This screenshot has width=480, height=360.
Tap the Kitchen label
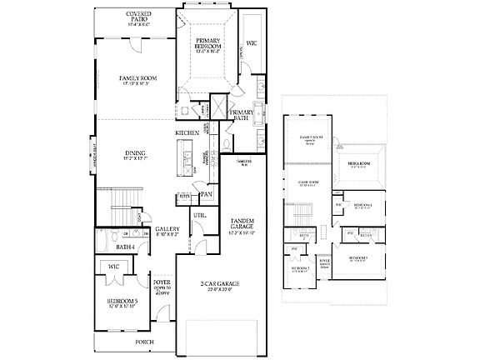[x=186, y=132]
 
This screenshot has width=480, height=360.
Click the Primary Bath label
[x=242, y=116]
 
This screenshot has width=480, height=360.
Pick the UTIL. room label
[x=200, y=215]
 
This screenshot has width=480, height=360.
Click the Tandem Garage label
[x=242, y=225]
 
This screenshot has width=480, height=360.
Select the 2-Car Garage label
[x=215, y=286]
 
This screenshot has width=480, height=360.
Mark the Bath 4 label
[x=126, y=247]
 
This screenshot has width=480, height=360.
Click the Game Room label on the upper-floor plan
[x=307, y=182]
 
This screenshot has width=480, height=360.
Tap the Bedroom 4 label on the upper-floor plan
[x=362, y=205]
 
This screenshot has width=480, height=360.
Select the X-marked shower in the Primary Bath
[x=217, y=108]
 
